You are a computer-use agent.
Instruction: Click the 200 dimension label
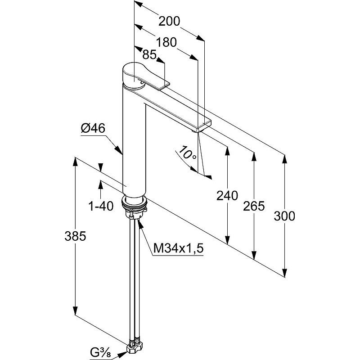coord(169,21)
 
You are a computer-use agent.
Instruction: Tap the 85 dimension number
coord(149,55)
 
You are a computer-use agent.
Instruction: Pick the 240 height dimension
coord(227,196)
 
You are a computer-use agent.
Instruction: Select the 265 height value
coord(253,206)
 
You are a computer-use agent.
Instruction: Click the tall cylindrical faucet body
coord(134,144)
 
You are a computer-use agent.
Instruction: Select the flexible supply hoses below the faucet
coord(134,279)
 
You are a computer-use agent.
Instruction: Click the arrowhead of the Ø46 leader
coord(121,153)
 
